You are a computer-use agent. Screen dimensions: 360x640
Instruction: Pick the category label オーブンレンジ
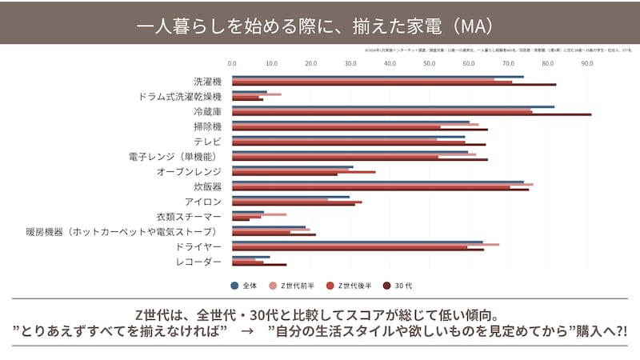pos(189,171)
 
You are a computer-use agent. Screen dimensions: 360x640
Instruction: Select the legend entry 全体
pos(244,284)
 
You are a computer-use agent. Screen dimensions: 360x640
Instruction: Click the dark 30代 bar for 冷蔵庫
pos(412,114)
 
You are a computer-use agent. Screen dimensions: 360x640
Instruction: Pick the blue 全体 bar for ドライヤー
pos(357,242)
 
